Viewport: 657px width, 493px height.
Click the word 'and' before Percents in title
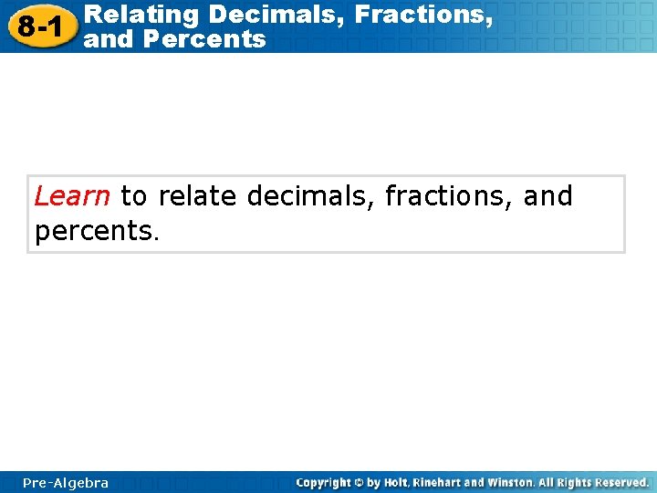click(107, 39)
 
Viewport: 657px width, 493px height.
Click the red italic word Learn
click(72, 196)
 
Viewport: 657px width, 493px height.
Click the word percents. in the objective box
click(97, 231)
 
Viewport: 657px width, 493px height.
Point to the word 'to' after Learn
click(133, 196)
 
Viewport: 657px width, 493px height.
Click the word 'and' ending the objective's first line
click(547, 196)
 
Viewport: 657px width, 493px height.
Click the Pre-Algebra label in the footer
click(66, 483)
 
